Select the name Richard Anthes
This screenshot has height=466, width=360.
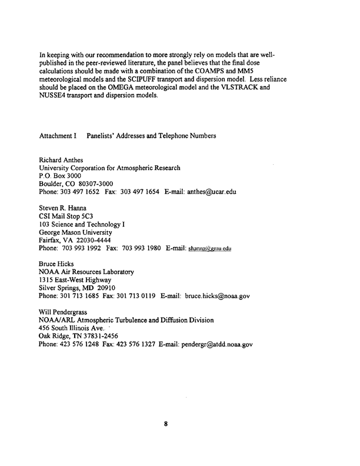(x=62, y=160)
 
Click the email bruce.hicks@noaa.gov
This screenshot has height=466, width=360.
(x=217, y=296)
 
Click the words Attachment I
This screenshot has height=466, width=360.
(x=58, y=136)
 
